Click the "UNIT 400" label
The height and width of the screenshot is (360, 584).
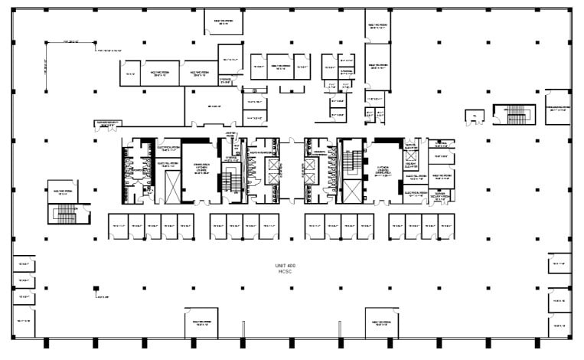pos(285,265)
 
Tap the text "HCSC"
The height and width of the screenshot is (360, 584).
pos(285,271)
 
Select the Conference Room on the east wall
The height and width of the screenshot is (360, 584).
pos(557,110)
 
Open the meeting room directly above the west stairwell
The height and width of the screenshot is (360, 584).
pos(64,191)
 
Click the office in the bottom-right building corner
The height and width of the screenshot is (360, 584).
pos(559,326)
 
